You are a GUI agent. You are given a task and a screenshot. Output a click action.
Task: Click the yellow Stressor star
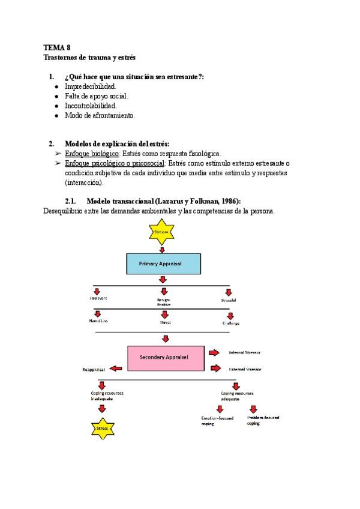pyautogui.click(x=161, y=232)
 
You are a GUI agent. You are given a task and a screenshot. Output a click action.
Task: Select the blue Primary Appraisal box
pyautogui.click(x=162, y=263)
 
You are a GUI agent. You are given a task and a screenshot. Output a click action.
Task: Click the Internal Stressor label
pyautogui.click(x=248, y=352)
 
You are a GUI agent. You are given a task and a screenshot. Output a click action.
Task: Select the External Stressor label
pyautogui.click(x=248, y=370)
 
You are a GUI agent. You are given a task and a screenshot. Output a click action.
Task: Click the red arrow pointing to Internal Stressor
pyautogui.click(x=214, y=352)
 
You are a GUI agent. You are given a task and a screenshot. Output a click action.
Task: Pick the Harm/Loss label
pyautogui.click(x=97, y=322)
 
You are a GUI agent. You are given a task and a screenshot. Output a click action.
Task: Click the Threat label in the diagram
pyautogui.click(x=165, y=322)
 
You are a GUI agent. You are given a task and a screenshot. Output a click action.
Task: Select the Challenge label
pyautogui.click(x=230, y=323)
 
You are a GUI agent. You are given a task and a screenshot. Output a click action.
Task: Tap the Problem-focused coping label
pyautogui.click(x=263, y=420)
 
